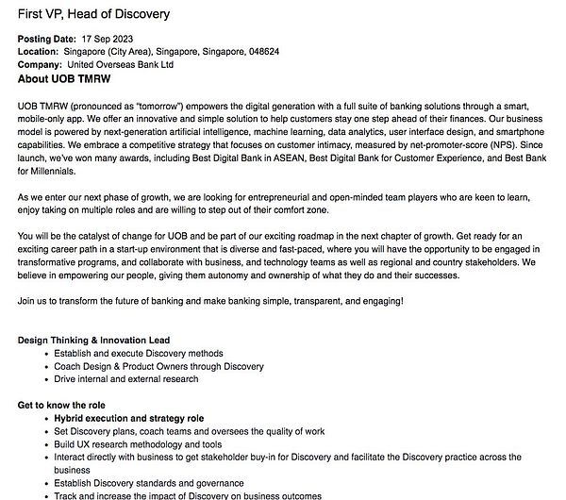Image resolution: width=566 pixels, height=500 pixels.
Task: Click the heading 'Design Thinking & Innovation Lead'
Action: (x=94, y=339)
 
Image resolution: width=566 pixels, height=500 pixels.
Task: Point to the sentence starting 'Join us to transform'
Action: (x=211, y=301)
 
